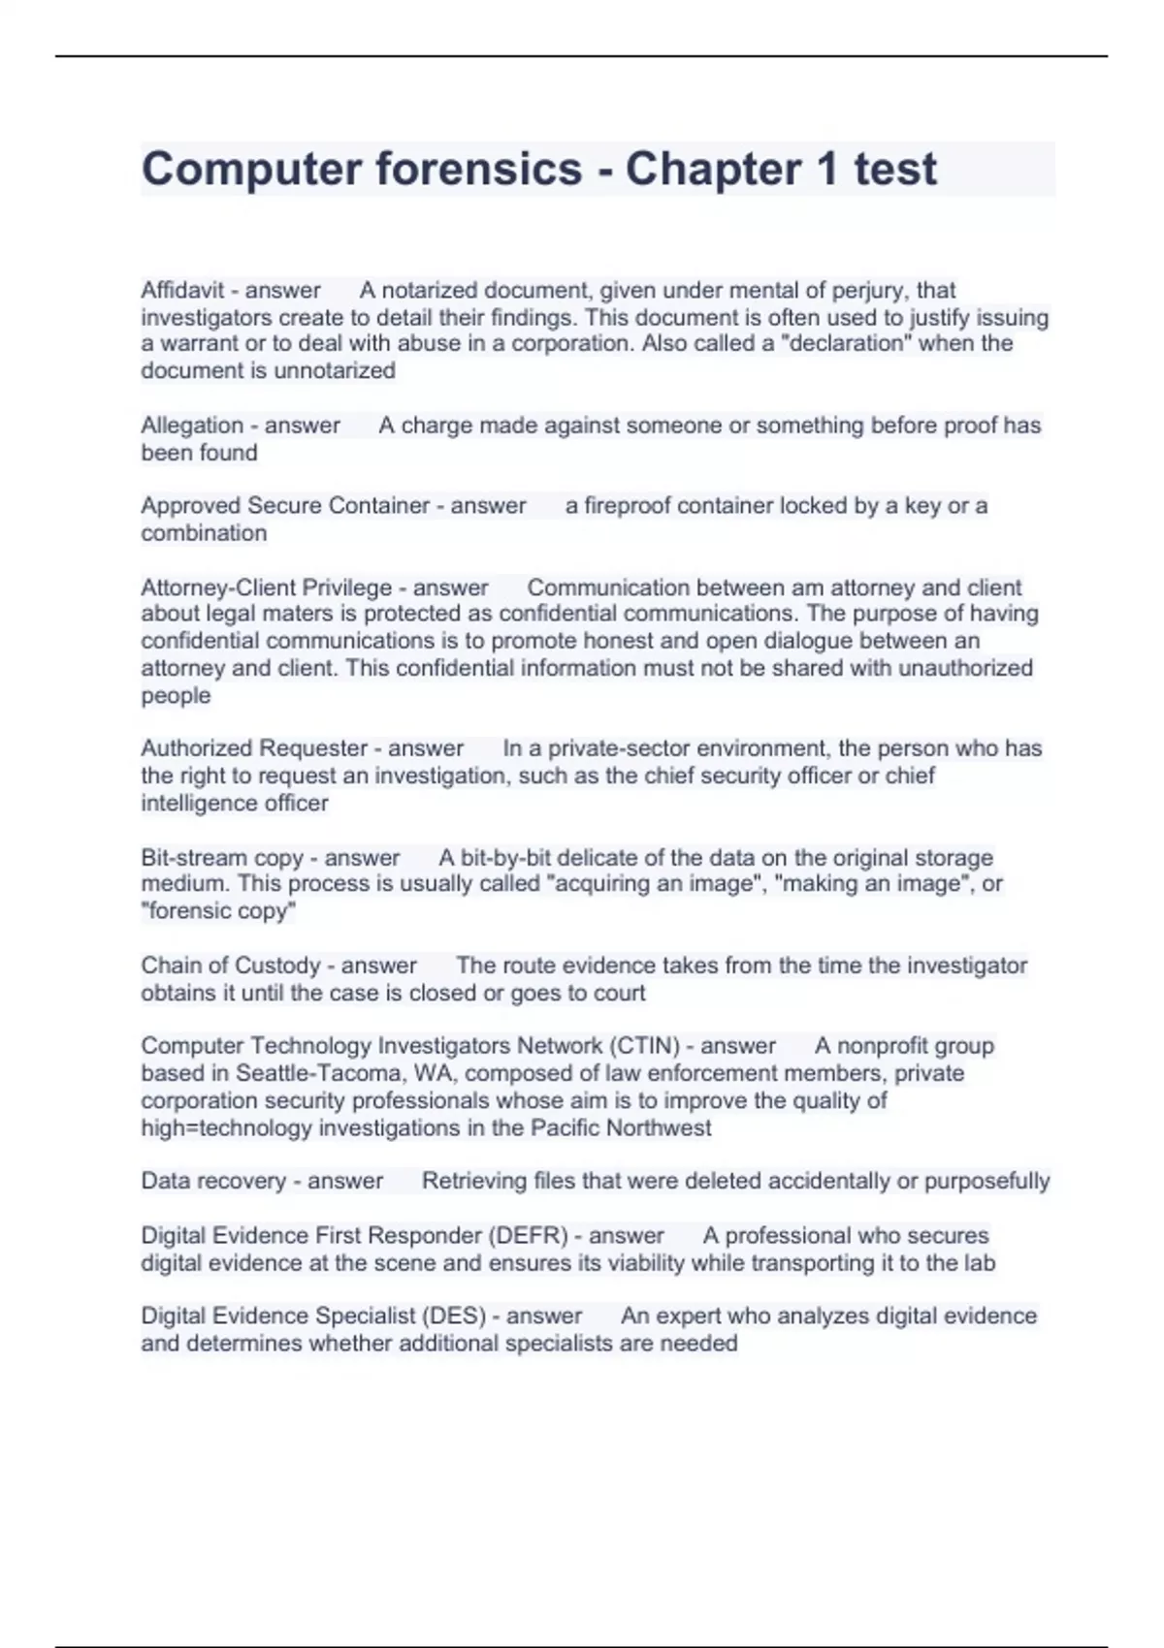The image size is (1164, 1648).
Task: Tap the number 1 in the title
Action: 826,170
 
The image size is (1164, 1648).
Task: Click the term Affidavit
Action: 182,290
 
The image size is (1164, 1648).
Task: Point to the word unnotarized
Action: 335,370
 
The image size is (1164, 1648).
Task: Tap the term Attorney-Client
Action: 218,587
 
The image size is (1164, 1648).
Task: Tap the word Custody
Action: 276,966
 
